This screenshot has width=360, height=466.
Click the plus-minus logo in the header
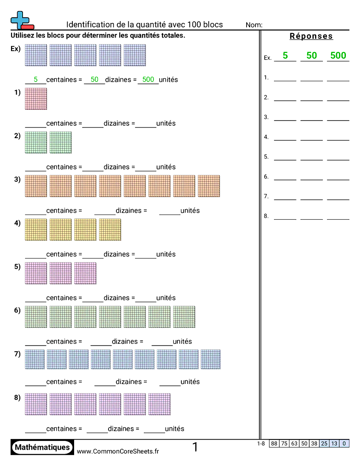tap(21, 21)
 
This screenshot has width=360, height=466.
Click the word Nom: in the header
tap(254, 25)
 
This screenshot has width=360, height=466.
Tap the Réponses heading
tap(311, 36)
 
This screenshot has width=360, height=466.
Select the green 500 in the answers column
tap(338, 56)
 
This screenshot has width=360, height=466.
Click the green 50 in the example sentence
tap(94, 79)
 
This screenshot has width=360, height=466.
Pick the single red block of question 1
tap(36, 99)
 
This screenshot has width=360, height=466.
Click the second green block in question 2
tap(60, 143)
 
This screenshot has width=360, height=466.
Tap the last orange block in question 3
tap(209, 186)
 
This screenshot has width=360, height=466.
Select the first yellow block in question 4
tap(36, 230)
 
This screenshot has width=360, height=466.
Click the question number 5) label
tap(17, 267)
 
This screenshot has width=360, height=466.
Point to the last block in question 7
tap(210, 360)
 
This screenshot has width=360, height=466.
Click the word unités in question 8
tap(175, 428)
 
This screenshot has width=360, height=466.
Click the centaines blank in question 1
tap(36, 124)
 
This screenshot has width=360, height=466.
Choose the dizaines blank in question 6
tap(101, 342)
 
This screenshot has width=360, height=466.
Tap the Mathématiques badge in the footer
tap(42, 447)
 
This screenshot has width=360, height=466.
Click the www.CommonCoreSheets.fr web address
tap(118, 451)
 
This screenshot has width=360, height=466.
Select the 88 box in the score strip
tap(274, 443)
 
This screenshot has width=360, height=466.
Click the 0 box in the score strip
tap(344, 443)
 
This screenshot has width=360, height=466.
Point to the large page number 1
tap(195, 447)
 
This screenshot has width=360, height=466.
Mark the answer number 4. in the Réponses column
tap(266, 137)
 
